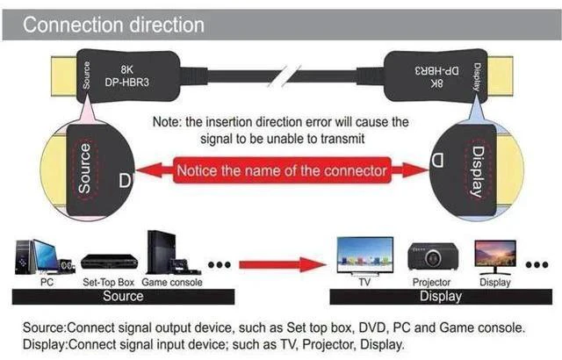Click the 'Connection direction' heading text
tap(113, 25)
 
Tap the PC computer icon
tap(45, 257)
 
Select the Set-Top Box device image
tap(109, 262)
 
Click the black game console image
tap(173, 253)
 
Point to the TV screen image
tap(365, 256)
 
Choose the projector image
tap(433, 256)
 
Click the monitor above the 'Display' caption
tap(495, 256)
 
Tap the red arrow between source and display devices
tap(283, 264)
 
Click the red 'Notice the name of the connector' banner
tap(282, 170)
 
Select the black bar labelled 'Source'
tap(123, 297)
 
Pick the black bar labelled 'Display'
tap(441, 297)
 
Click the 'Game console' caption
tap(172, 282)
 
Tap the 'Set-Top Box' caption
tap(108, 282)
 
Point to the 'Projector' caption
tap(431, 282)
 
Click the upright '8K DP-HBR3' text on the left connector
tap(126, 76)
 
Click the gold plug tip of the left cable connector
tap(64, 76)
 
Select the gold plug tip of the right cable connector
tap(500, 76)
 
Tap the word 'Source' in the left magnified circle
tap(85, 169)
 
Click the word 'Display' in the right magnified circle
tap(477, 171)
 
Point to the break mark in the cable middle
tap(285, 76)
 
